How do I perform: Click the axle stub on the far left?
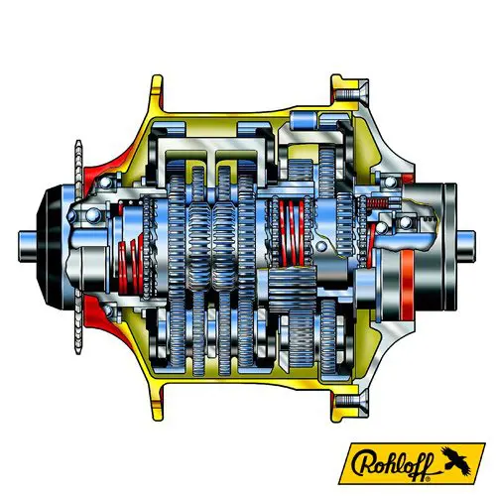[27, 247]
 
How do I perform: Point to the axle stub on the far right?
[466, 247]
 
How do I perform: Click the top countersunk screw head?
[351, 93]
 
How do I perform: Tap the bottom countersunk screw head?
[351, 401]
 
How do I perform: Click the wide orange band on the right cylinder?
[408, 285]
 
